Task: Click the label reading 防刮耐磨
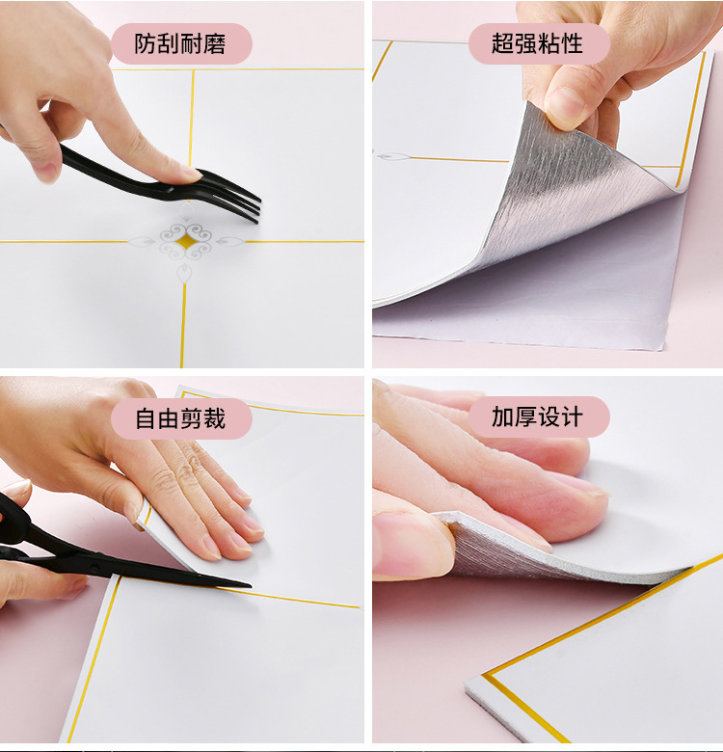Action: click(180, 43)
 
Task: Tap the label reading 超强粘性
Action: click(538, 43)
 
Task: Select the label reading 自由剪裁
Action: click(180, 418)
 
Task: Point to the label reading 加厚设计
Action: click(538, 416)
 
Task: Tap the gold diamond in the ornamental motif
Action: click(185, 241)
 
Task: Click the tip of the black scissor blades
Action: click(251, 585)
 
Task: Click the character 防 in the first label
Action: click(146, 43)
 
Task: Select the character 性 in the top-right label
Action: click(572, 43)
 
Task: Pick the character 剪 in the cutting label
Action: click(192, 418)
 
